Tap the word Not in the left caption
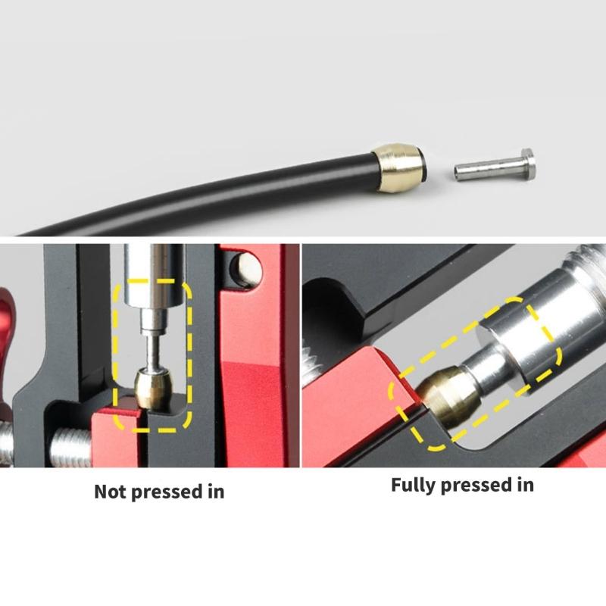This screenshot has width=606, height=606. coord(111,492)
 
